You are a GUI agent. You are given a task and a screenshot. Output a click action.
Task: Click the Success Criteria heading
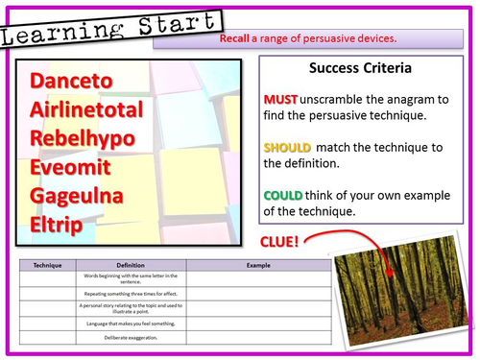359,69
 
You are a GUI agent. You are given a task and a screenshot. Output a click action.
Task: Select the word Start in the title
108,22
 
